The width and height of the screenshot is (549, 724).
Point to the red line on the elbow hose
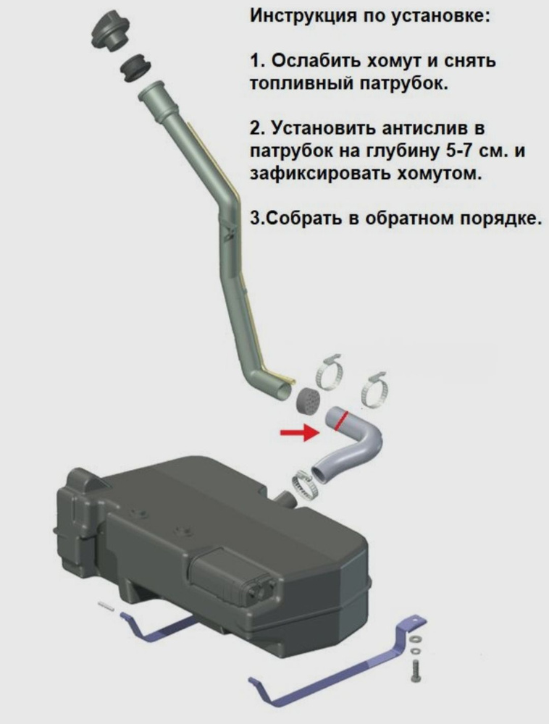click(342, 421)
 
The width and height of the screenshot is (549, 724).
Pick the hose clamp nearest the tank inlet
click(305, 485)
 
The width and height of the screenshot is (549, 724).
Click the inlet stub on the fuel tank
click(284, 499)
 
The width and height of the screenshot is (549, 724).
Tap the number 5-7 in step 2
click(460, 151)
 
